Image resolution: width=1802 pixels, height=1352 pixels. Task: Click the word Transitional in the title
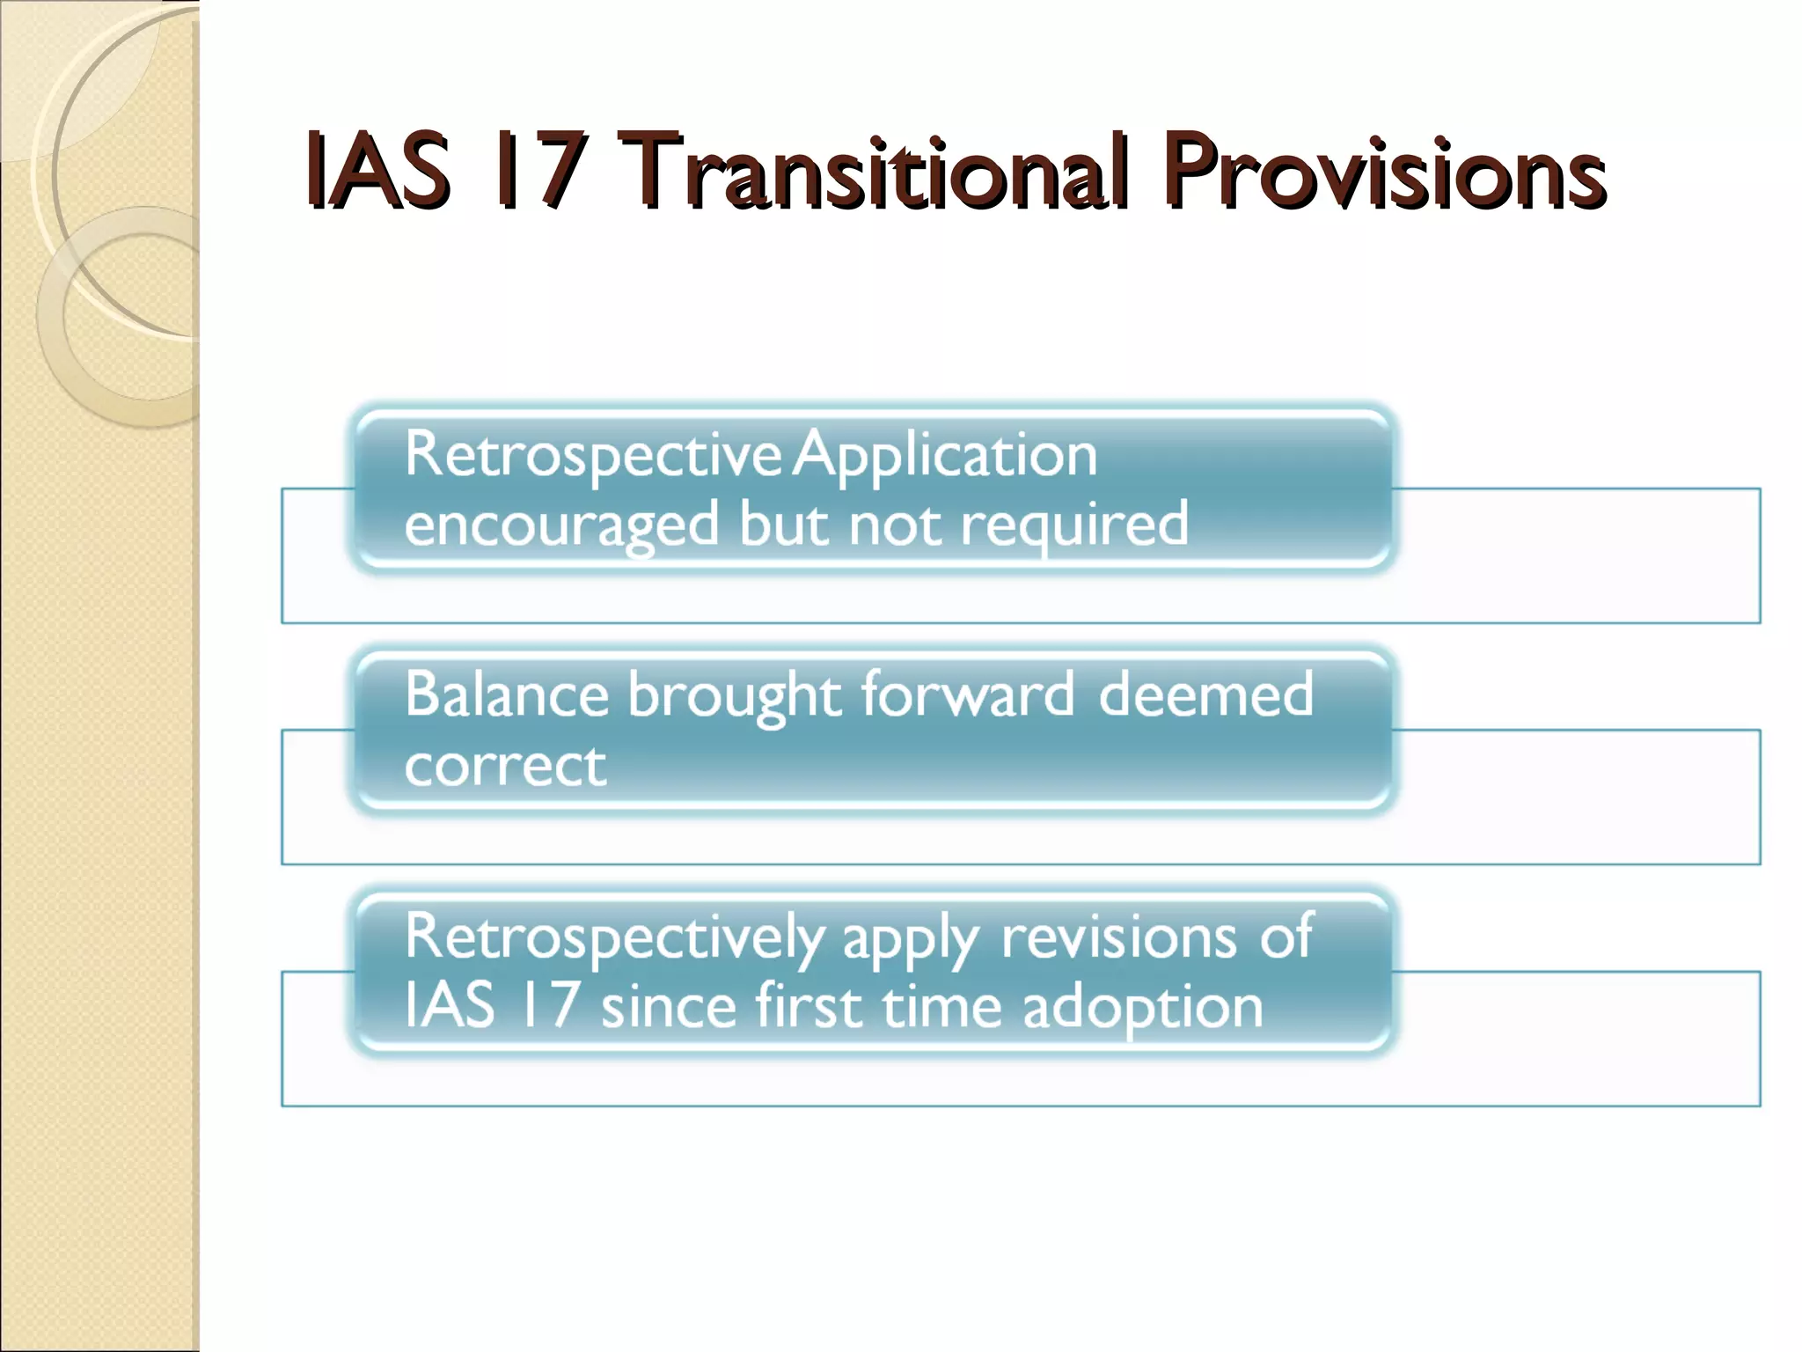point(871,172)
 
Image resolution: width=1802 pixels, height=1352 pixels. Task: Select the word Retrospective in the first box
point(592,456)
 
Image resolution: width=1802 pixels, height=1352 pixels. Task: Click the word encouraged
point(561,526)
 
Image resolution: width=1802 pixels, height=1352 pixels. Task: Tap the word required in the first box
point(1074,526)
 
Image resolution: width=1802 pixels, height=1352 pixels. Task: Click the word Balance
point(506,695)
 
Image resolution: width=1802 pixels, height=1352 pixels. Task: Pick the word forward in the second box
point(967,695)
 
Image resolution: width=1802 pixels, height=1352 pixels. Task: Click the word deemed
point(1206,695)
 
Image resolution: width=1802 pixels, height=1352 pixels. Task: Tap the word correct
point(505,766)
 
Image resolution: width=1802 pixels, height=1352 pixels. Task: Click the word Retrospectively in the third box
point(614,938)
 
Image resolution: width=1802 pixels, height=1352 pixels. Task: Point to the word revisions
point(1118,937)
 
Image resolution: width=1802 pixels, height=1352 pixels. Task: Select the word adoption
point(1143,1009)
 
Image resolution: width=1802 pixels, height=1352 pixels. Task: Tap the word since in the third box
point(668,1007)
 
